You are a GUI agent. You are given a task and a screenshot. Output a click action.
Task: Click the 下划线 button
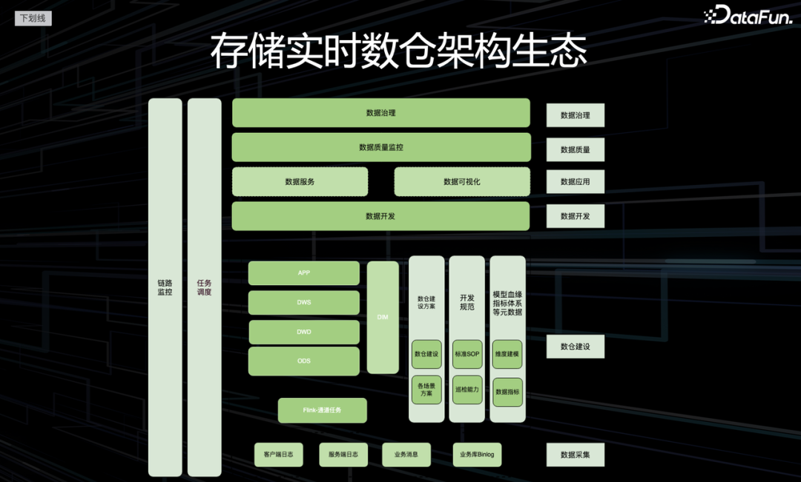pyautogui.click(x=33, y=18)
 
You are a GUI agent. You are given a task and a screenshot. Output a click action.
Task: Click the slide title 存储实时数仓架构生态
pyautogui.click(x=399, y=51)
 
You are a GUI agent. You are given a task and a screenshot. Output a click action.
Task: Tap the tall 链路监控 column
pyautogui.click(x=165, y=287)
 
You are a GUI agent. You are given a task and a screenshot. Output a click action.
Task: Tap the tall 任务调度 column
pyautogui.click(x=204, y=287)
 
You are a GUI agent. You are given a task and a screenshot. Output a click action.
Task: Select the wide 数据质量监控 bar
pyautogui.click(x=381, y=147)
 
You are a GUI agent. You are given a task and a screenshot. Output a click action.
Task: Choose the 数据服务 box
pyautogui.click(x=300, y=181)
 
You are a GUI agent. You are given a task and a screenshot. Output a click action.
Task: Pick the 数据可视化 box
pyautogui.click(x=462, y=181)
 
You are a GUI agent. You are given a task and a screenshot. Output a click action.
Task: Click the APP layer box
pyautogui.click(x=304, y=273)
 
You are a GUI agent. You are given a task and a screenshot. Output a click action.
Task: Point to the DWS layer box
pyautogui.click(x=304, y=302)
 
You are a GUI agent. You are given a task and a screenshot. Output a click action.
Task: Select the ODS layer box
pyautogui.click(x=304, y=361)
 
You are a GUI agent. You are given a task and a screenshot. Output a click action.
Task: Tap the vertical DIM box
pyautogui.click(x=383, y=317)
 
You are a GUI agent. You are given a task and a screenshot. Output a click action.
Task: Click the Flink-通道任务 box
pyautogui.click(x=323, y=410)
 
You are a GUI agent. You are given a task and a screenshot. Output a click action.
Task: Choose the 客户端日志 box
pyautogui.click(x=279, y=455)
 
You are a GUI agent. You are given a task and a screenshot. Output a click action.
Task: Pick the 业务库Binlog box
pyautogui.click(x=477, y=455)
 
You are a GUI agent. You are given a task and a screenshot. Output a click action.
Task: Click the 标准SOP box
pyautogui.click(x=467, y=354)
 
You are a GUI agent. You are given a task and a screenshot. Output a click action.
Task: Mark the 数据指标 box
pyautogui.click(x=508, y=391)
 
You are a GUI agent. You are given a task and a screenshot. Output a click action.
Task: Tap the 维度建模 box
pyautogui.click(x=508, y=354)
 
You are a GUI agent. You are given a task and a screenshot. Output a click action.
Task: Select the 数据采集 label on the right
pyautogui.click(x=576, y=455)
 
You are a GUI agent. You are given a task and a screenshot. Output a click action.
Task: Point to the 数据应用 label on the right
pyautogui.click(x=576, y=181)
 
